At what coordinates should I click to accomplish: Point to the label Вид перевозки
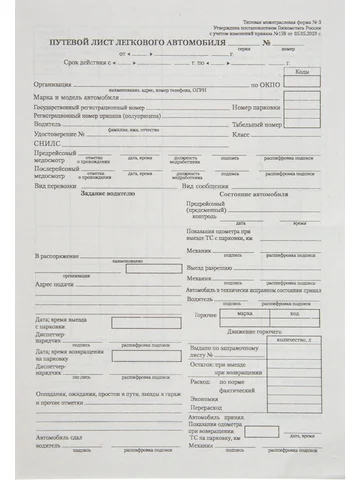coord(56,186)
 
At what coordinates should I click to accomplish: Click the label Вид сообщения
coord(204,186)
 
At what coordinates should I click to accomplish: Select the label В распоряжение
coord(59,258)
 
